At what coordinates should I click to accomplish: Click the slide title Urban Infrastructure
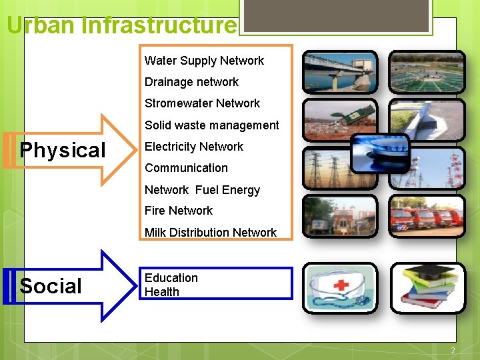[121, 25]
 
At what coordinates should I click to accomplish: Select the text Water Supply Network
[204, 61]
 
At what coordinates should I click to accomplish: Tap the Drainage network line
[191, 82]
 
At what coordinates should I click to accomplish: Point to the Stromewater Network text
[202, 103]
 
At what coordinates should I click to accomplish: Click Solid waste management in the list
[211, 125]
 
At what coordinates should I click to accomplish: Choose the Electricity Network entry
[193, 147]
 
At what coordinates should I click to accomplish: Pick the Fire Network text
[178, 211]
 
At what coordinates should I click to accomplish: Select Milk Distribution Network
[210, 233]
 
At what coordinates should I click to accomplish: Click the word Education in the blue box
[171, 278]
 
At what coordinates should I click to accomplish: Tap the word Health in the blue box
[161, 292]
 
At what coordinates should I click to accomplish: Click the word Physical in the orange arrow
[63, 151]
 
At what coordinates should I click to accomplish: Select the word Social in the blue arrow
[51, 287]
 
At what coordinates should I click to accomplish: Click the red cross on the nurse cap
[341, 285]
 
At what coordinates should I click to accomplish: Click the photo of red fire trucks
[427, 216]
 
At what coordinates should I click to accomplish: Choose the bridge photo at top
[339, 71]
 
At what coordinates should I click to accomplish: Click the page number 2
[453, 351]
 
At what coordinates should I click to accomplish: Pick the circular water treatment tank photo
[427, 71]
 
